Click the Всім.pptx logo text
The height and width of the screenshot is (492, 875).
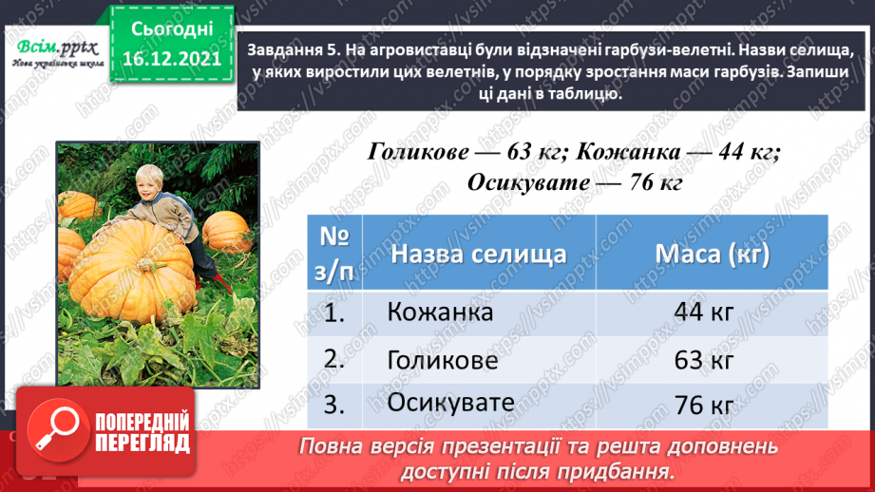pyautogui.click(x=53, y=47)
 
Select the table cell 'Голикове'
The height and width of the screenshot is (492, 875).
pyautogui.click(x=443, y=360)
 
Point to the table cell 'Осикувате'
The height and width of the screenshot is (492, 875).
pyautogui.click(x=450, y=403)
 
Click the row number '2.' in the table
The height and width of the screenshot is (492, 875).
pyautogui.click(x=332, y=360)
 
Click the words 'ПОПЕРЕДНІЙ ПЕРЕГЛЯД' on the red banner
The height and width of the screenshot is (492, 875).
pyautogui.click(x=143, y=433)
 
